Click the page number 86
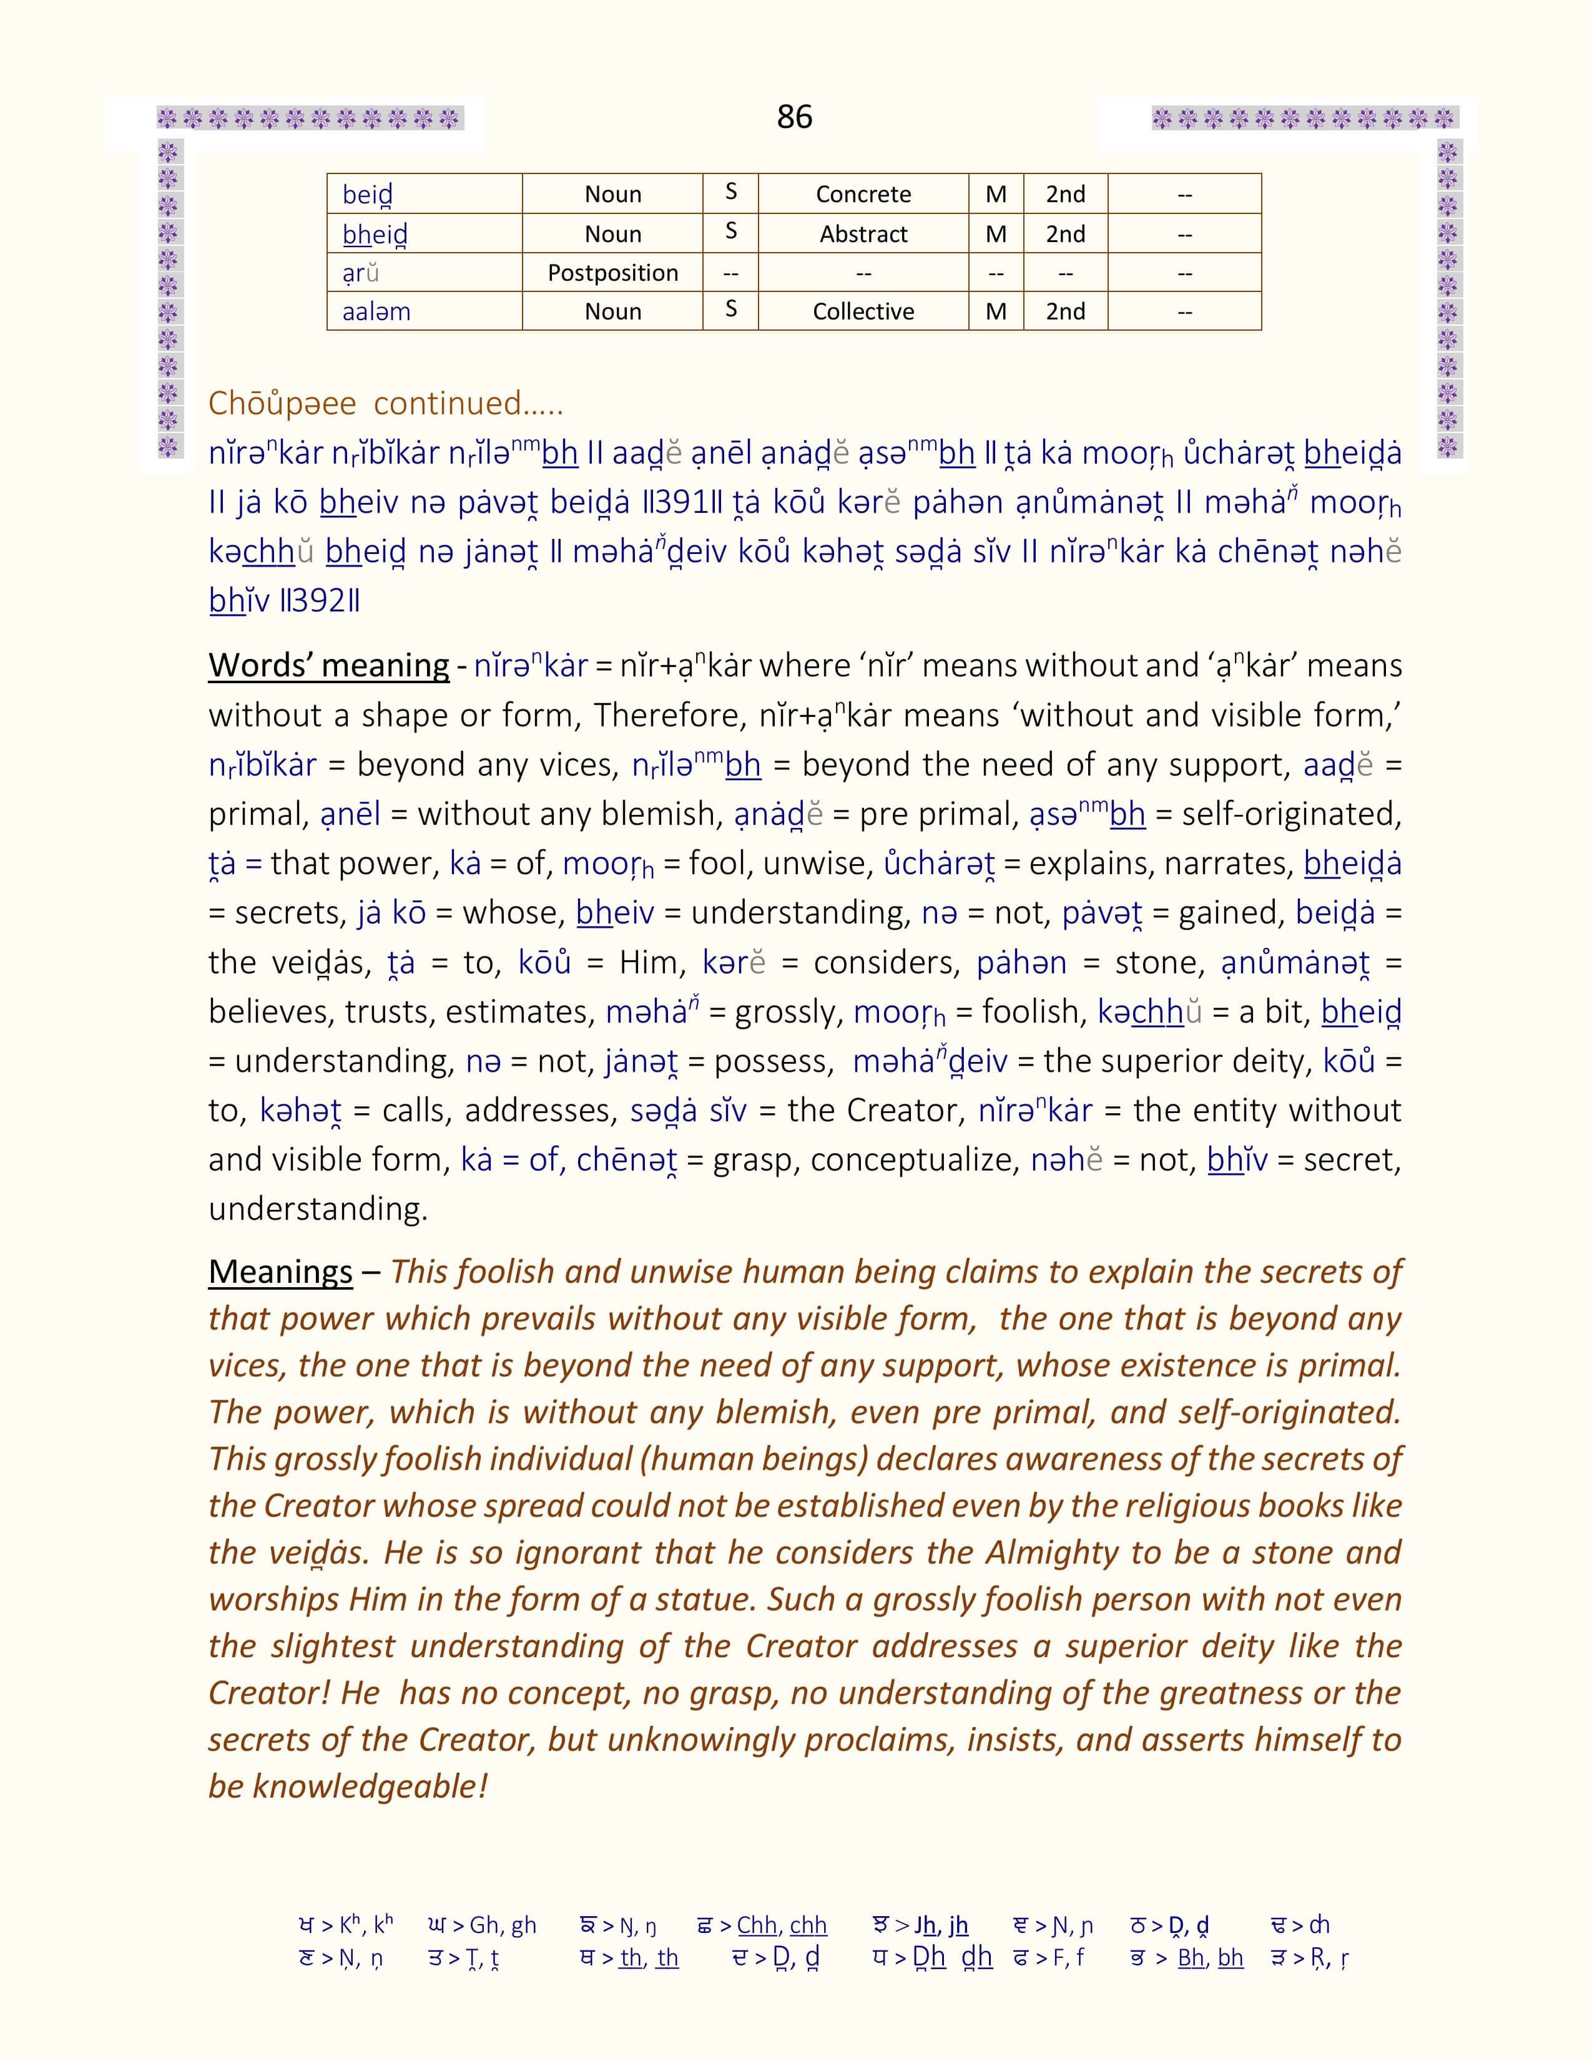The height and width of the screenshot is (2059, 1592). pyautogui.click(x=794, y=117)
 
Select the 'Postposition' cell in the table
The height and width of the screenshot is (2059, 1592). pyautogui.click(x=613, y=273)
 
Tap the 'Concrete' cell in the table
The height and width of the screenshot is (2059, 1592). pyautogui.click(x=863, y=194)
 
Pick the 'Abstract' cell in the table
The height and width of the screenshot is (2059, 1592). pyautogui.click(x=863, y=234)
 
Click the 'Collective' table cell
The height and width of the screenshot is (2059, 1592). pyautogui.click(x=863, y=311)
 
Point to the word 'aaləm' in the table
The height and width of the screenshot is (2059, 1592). pyautogui.click(x=376, y=311)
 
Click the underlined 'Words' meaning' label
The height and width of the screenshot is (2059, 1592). pyautogui.click(x=328, y=666)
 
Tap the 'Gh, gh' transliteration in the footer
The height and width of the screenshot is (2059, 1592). pyautogui.click(x=503, y=1925)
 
